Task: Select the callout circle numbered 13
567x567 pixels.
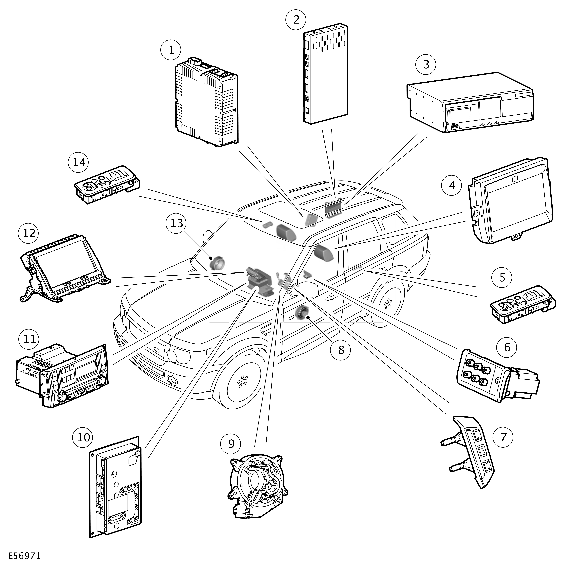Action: pyautogui.click(x=177, y=223)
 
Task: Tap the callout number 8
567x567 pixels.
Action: pyautogui.click(x=341, y=350)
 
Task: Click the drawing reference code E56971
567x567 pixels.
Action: pyautogui.click(x=24, y=556)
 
